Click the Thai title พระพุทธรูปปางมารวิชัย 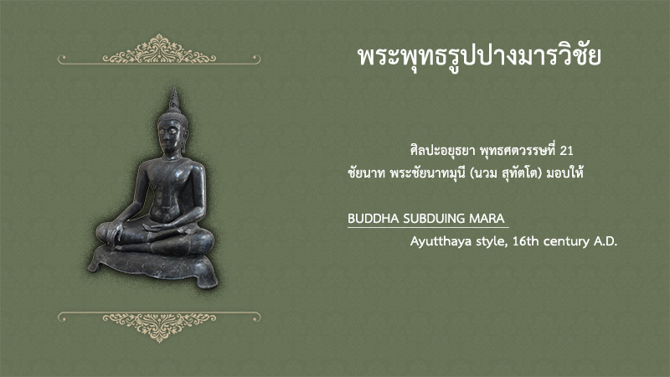(x=479, y=57)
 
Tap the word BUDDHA (x=374, y=219)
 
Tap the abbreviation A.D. (x=606, y=241)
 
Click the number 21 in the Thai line (x=567, y=151)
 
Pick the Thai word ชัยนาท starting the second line (x=367, y=173)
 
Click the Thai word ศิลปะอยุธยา (x=442, y=151)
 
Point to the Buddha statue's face (x=170, y=136)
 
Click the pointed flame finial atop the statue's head (x=174, y=100)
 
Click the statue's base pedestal (x=154, y=265)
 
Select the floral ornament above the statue (x=159, y=49)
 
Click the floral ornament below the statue (x=159, y=327)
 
